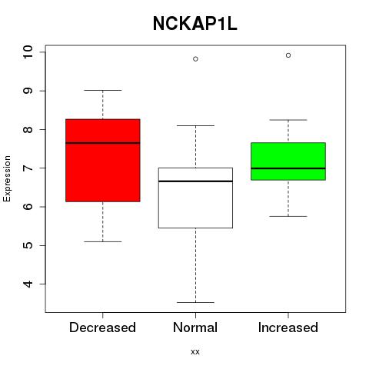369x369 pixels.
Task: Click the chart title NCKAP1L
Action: tap(195, 24)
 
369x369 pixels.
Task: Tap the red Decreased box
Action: tap(103, 161)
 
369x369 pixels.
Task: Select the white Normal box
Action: tap(195, 198)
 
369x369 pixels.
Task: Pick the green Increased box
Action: tap(288, 161)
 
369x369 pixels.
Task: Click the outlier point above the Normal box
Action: tap(195, 59)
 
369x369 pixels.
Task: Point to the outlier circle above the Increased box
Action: tap(288, 55)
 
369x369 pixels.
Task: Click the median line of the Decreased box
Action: tap(103, 143)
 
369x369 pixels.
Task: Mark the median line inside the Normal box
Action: tap(195, 181)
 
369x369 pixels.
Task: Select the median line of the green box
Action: tap(288, 168)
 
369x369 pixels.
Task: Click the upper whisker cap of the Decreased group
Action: tap(103, 90)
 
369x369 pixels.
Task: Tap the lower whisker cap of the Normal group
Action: tap(195, 302)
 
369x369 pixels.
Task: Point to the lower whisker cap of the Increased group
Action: tap(288, 216)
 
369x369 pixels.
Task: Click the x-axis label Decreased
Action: tap(102, 327)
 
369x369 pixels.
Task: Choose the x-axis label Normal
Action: tap(195, 327)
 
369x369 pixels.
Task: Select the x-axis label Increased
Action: tap(288, 327)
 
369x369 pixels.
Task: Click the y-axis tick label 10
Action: tap(28, 52)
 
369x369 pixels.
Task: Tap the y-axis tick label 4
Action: tap(28, 284)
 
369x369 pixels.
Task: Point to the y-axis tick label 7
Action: tap(28, 168)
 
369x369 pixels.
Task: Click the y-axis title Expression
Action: tap(7, 178)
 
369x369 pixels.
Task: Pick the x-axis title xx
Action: tap(195, 352)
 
